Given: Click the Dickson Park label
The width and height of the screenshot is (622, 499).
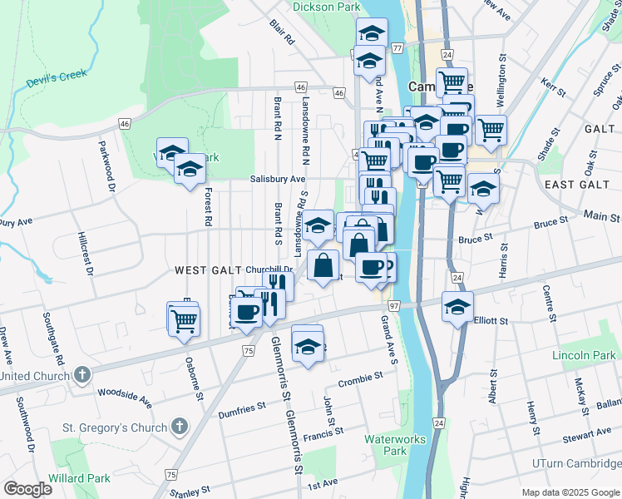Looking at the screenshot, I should pos(326,7).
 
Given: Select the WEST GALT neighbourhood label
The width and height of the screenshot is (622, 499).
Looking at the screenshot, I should pos(208,270).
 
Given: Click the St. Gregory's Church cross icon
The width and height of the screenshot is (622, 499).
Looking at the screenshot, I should pos(180,427).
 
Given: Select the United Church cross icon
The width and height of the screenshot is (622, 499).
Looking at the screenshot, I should pos(81,375).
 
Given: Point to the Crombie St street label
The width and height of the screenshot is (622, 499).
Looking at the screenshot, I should pos(360,380).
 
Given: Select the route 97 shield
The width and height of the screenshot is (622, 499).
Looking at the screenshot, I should pos(393,307).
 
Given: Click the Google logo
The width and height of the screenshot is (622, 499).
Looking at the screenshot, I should pos(27,489).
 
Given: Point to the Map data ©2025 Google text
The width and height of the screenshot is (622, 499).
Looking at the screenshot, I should pos(570,492).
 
